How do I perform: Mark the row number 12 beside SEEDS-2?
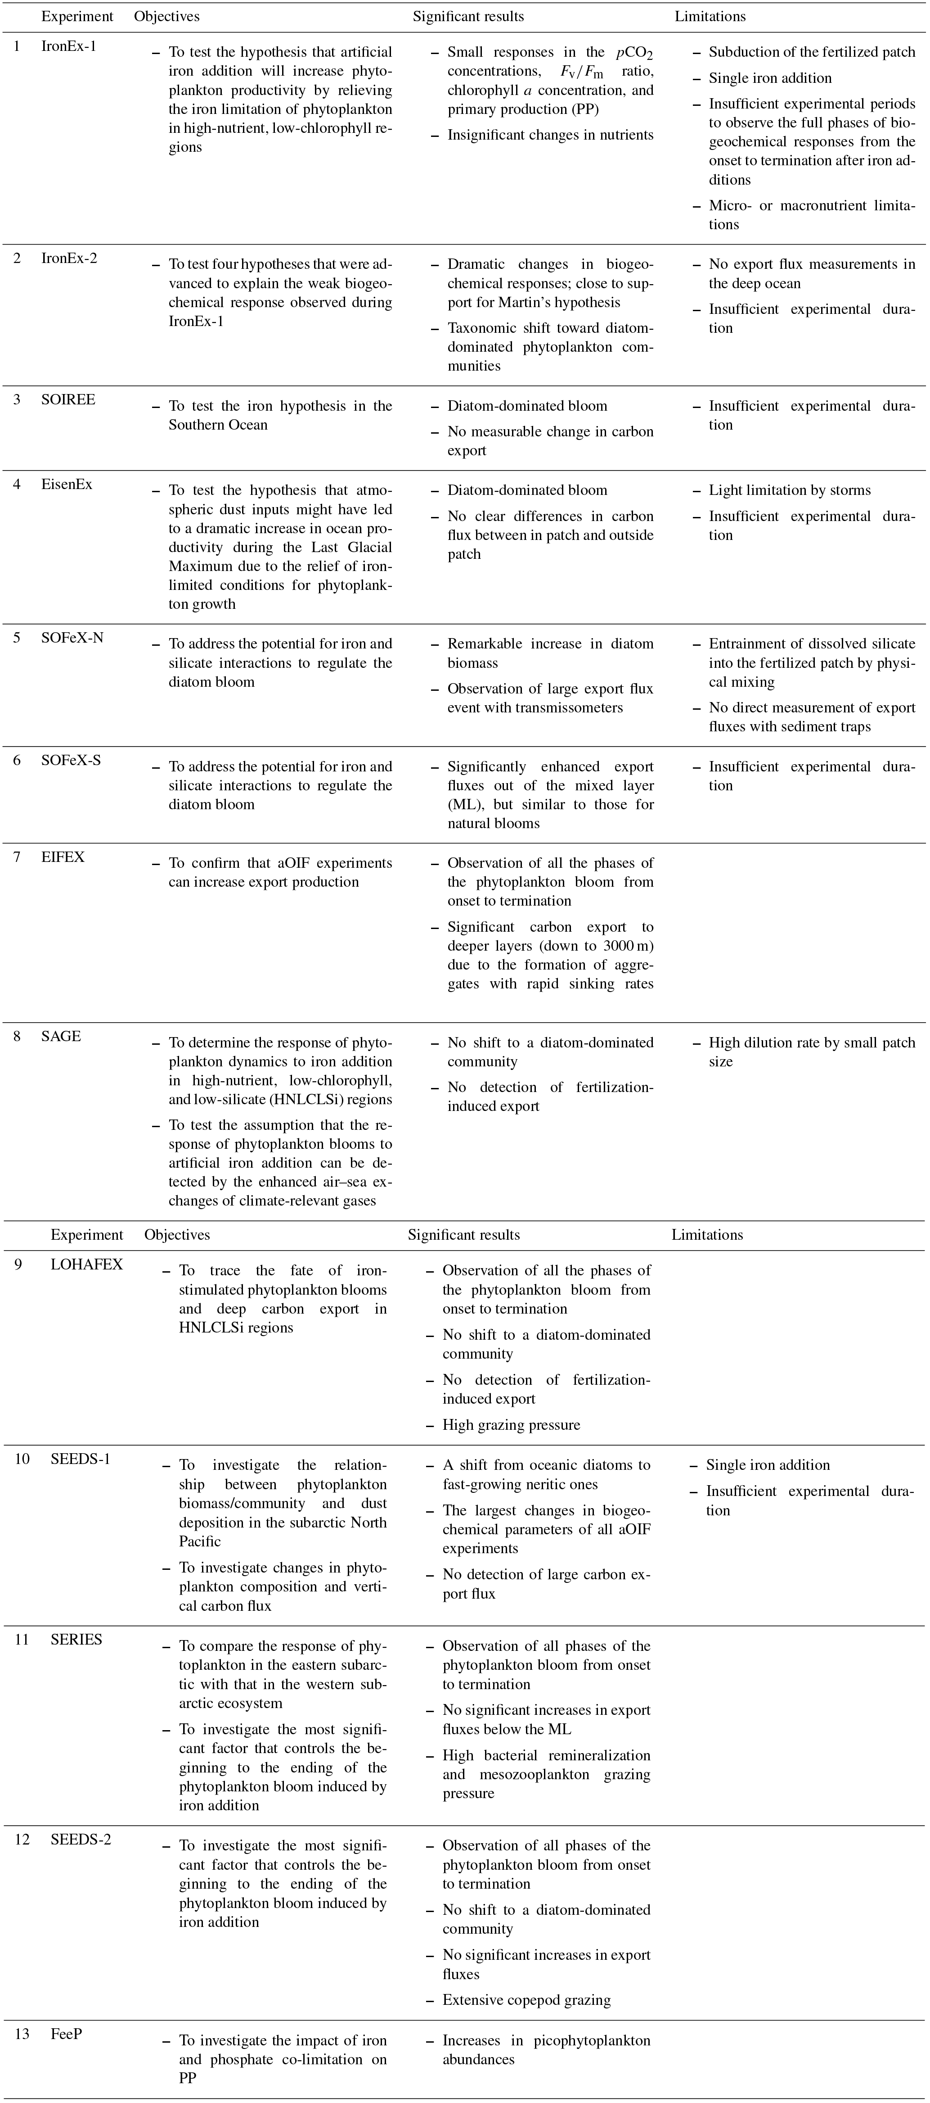[x=22, y=1839]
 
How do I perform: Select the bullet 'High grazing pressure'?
[x=511, y=1424]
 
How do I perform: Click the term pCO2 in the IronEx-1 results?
[x=635, y=53]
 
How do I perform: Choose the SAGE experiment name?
[x=61, y=1036]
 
